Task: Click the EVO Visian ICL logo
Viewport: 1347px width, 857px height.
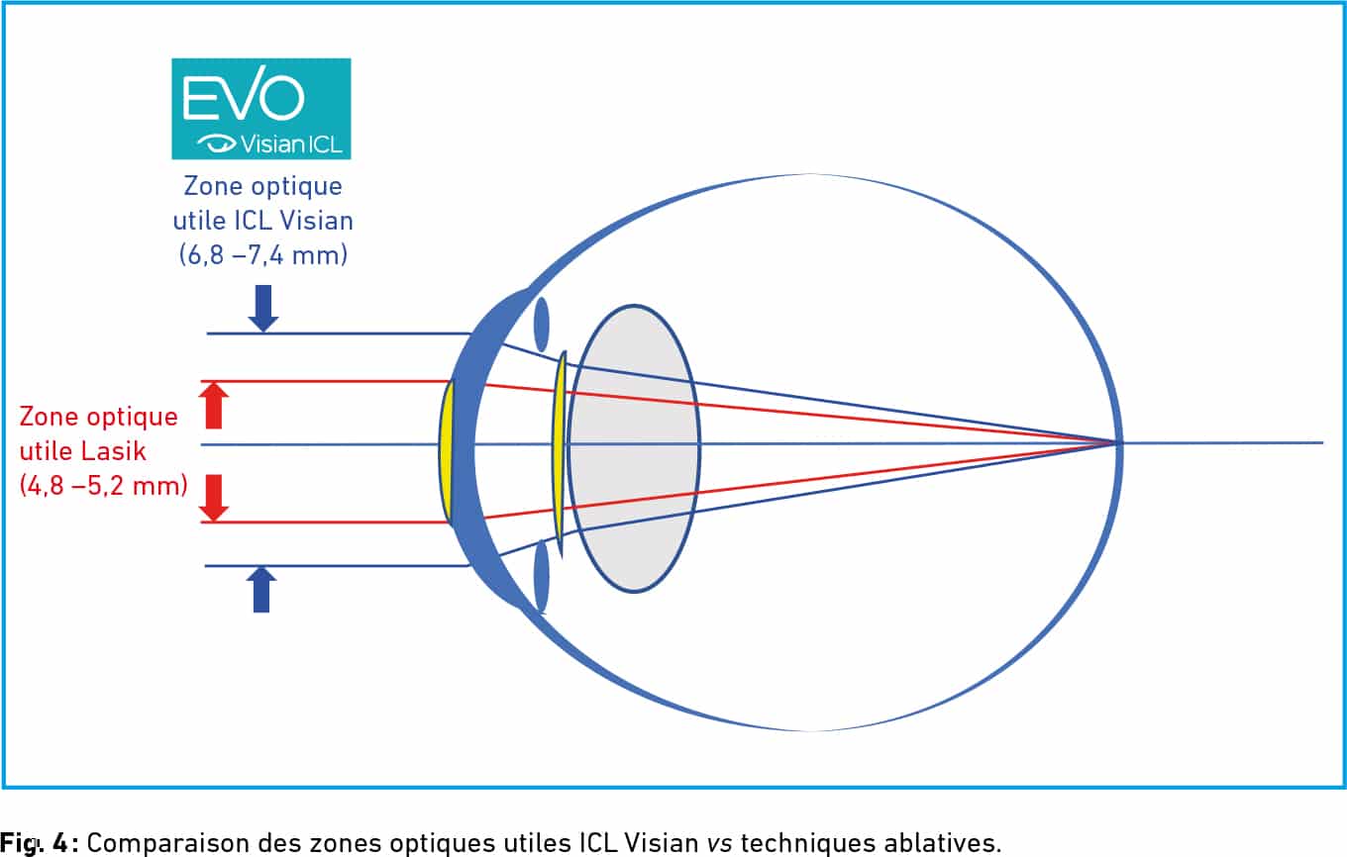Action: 261,109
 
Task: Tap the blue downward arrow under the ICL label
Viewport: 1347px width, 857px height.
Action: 263,309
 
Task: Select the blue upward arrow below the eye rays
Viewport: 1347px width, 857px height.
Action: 261,590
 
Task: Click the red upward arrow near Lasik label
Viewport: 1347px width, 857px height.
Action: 214,406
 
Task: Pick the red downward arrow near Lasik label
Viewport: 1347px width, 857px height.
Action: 214,498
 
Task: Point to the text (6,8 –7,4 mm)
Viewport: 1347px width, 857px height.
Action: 263,255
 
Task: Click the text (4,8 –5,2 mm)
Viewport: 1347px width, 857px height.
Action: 103,486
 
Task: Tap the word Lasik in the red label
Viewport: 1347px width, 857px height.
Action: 114,451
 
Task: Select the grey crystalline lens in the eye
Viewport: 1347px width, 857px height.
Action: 634,449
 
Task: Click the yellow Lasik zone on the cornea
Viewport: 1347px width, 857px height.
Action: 446,452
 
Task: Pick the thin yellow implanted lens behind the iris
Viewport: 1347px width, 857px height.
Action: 560,454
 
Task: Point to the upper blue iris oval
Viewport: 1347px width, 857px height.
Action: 541,325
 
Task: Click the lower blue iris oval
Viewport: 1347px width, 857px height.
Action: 541,576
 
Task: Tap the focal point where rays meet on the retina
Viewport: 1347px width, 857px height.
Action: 1116,443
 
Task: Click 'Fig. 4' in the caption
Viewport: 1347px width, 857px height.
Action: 34,842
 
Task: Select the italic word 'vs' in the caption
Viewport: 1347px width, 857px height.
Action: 720,843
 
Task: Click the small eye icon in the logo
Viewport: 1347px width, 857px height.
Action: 217,143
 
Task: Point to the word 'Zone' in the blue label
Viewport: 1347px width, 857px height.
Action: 210,186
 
